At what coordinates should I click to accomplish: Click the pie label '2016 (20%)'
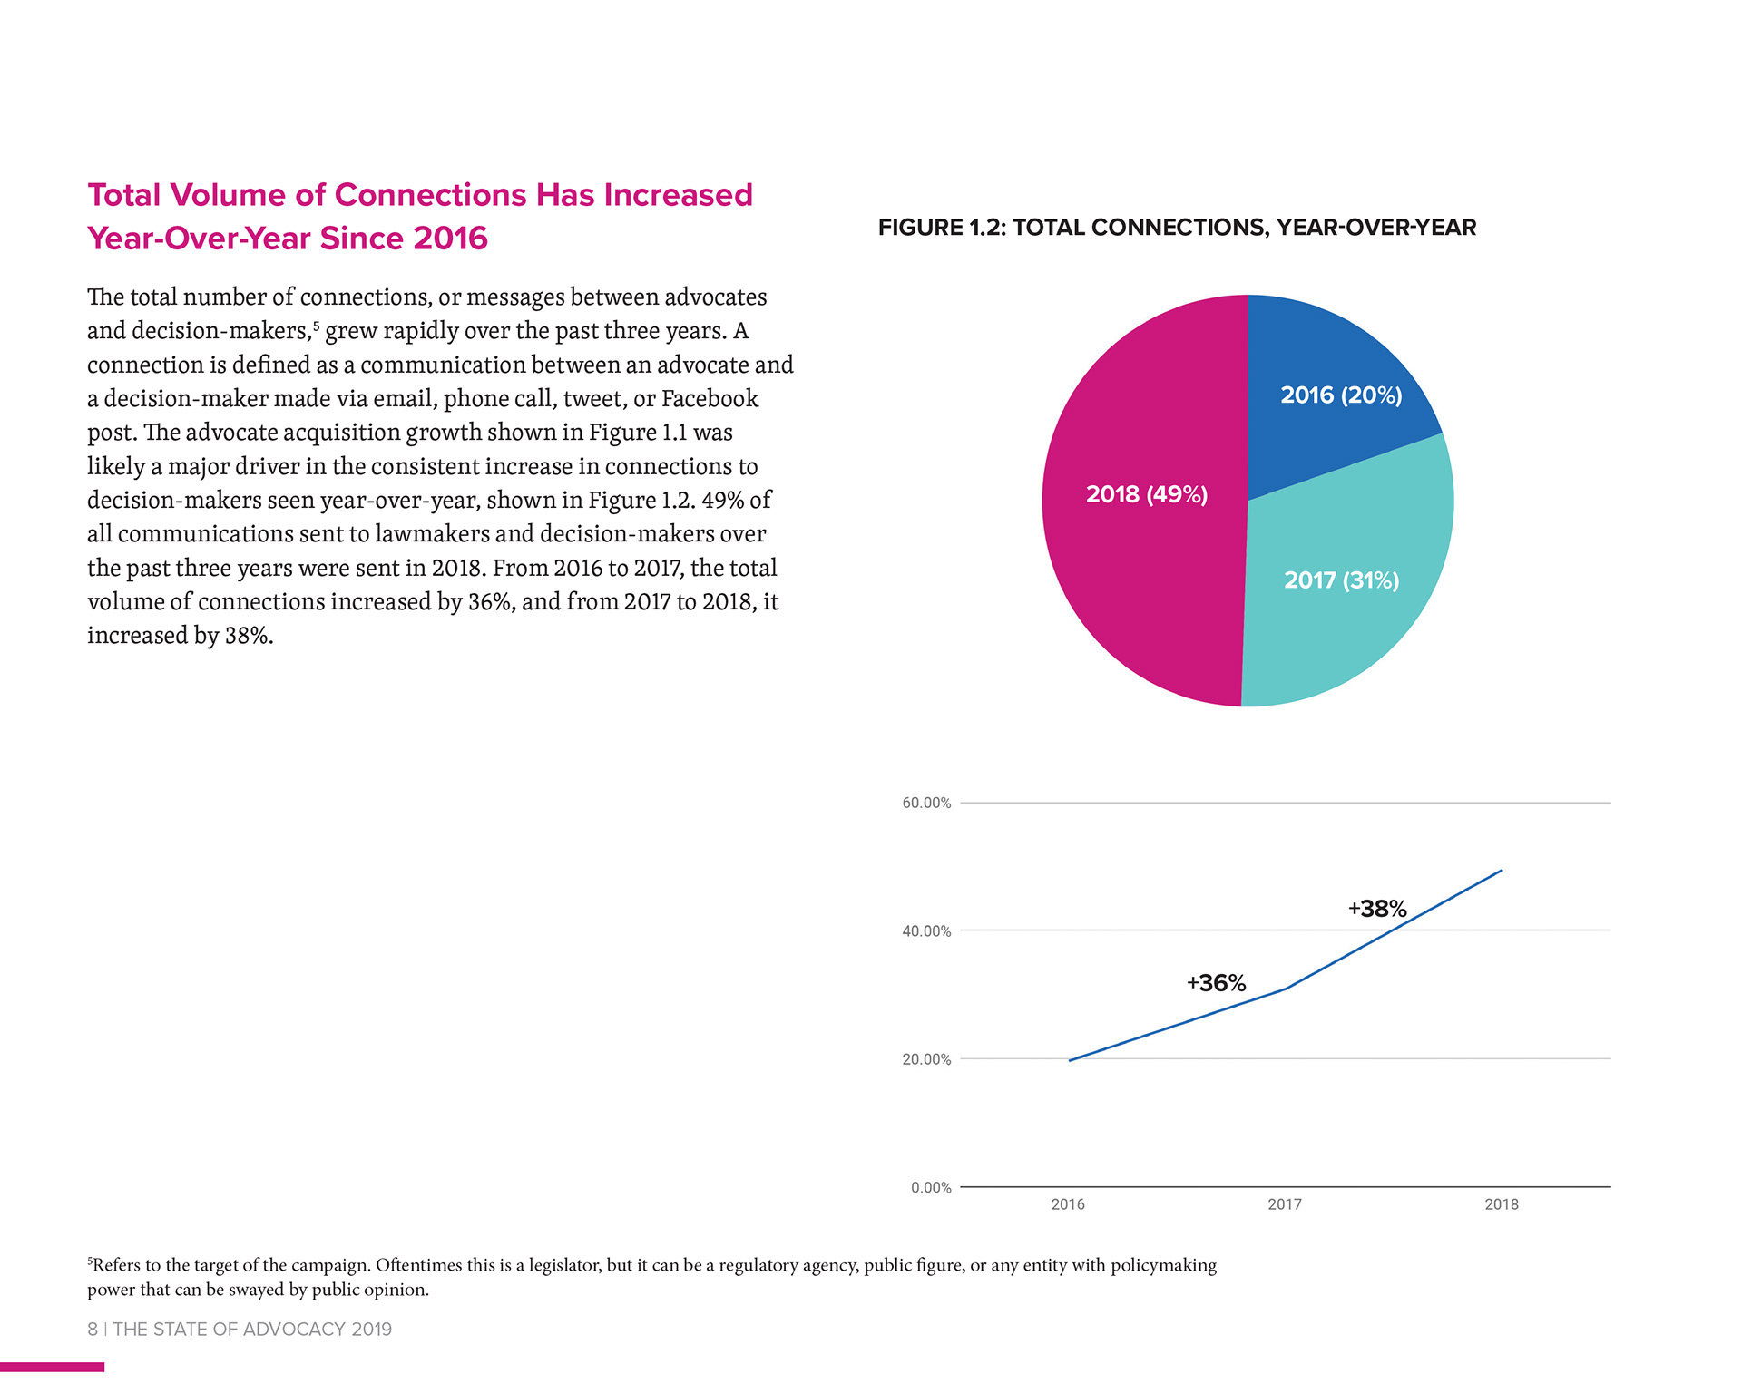tap(1341, 395)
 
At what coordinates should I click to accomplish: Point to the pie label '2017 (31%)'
tap(1341, 580)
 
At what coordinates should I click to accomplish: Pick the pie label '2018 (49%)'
tap(1147, 494)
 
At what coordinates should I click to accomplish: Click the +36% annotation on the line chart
tap(1216, 983)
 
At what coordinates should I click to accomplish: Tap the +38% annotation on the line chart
tap(1377, 909)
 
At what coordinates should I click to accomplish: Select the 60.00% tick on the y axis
tap(926, 803)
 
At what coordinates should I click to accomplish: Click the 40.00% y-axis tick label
tap(926, 931)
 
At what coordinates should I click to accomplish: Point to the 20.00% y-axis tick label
tap(926, 1059)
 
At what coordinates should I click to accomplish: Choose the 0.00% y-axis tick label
tap(931, 1188)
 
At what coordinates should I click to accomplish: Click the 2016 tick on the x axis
tap(1068, 1204)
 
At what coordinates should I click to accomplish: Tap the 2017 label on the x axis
tap(1285, 1204)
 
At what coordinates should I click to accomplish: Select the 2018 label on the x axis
tap(1502, 1204)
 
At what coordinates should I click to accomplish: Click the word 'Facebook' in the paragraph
tap(710, 399)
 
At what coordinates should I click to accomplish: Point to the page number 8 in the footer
tap(93, 1330)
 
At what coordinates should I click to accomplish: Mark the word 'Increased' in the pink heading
tap(678, 195)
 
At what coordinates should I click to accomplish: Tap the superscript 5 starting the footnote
tap(90, 1261)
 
